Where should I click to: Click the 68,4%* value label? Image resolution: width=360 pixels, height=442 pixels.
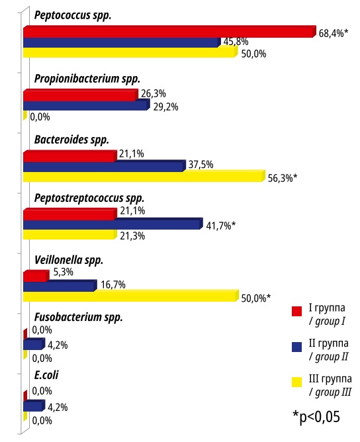[x=334, y=33]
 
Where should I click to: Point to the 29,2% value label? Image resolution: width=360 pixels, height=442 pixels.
[x=165, y=107]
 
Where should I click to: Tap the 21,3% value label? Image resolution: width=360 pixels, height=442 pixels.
[x=132, y=236]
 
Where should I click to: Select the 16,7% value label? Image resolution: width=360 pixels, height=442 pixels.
[x=113, y=285]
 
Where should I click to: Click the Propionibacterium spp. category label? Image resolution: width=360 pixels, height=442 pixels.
[x=87, y=79]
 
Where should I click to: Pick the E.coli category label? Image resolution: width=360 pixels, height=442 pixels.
[x=46, y=375]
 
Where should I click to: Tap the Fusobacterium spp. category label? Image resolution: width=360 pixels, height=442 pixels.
[x=79, y=317]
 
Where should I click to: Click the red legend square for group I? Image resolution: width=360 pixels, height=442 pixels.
[x=297, y=311]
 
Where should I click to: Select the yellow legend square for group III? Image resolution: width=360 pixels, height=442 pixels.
[x=297, y=382]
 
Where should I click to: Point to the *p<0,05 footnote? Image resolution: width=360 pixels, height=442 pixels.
[x=316, y=417]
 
